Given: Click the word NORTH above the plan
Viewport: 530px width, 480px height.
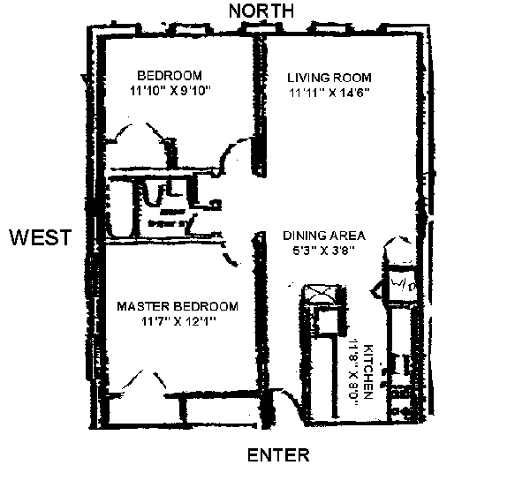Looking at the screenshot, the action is click(x=261, y=11).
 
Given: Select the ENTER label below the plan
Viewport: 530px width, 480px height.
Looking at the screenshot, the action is click(x=278, y=455).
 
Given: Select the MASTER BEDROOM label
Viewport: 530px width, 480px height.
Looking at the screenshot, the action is click(x=178, y=307).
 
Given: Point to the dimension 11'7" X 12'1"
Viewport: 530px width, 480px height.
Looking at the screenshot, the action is click(x=178, y=322).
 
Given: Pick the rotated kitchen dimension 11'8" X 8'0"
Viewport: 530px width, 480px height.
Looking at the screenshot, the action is click(x=354, y=370).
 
